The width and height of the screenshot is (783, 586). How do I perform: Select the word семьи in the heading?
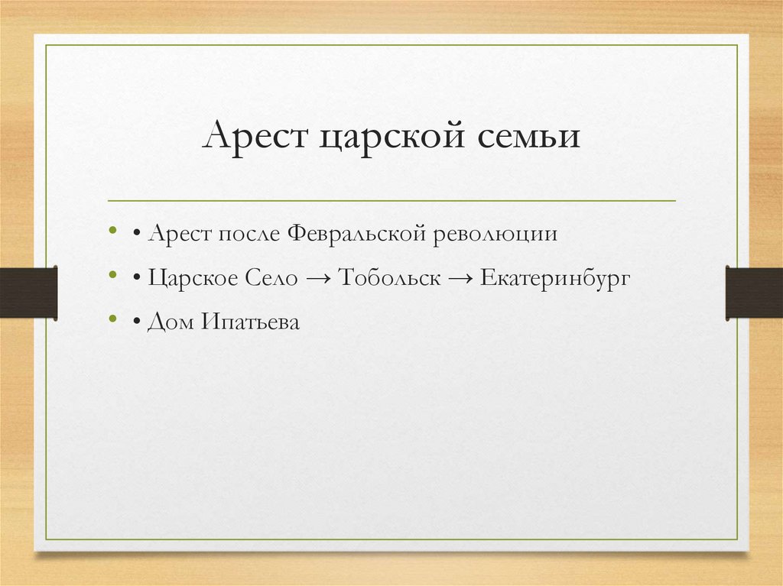pyautogui.click(x=529, y=138)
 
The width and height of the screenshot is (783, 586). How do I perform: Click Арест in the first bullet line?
pyautogui.click(x=182, y=232)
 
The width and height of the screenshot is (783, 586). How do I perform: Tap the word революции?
pyautogui.click(x=496, y=234)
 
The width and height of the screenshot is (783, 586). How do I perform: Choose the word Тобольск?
pyautogui.click(x=389, y=278)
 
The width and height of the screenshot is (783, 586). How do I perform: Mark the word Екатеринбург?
pyautogui.click(x=555, y=279)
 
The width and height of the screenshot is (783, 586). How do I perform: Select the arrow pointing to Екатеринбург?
pyautogui.click(x=460, y=280)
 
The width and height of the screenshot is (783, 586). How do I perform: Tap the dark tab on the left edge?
pyautogui.click(x=28, y=292)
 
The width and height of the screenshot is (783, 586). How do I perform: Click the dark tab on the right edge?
pyautogui.click(x=754, y=292)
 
